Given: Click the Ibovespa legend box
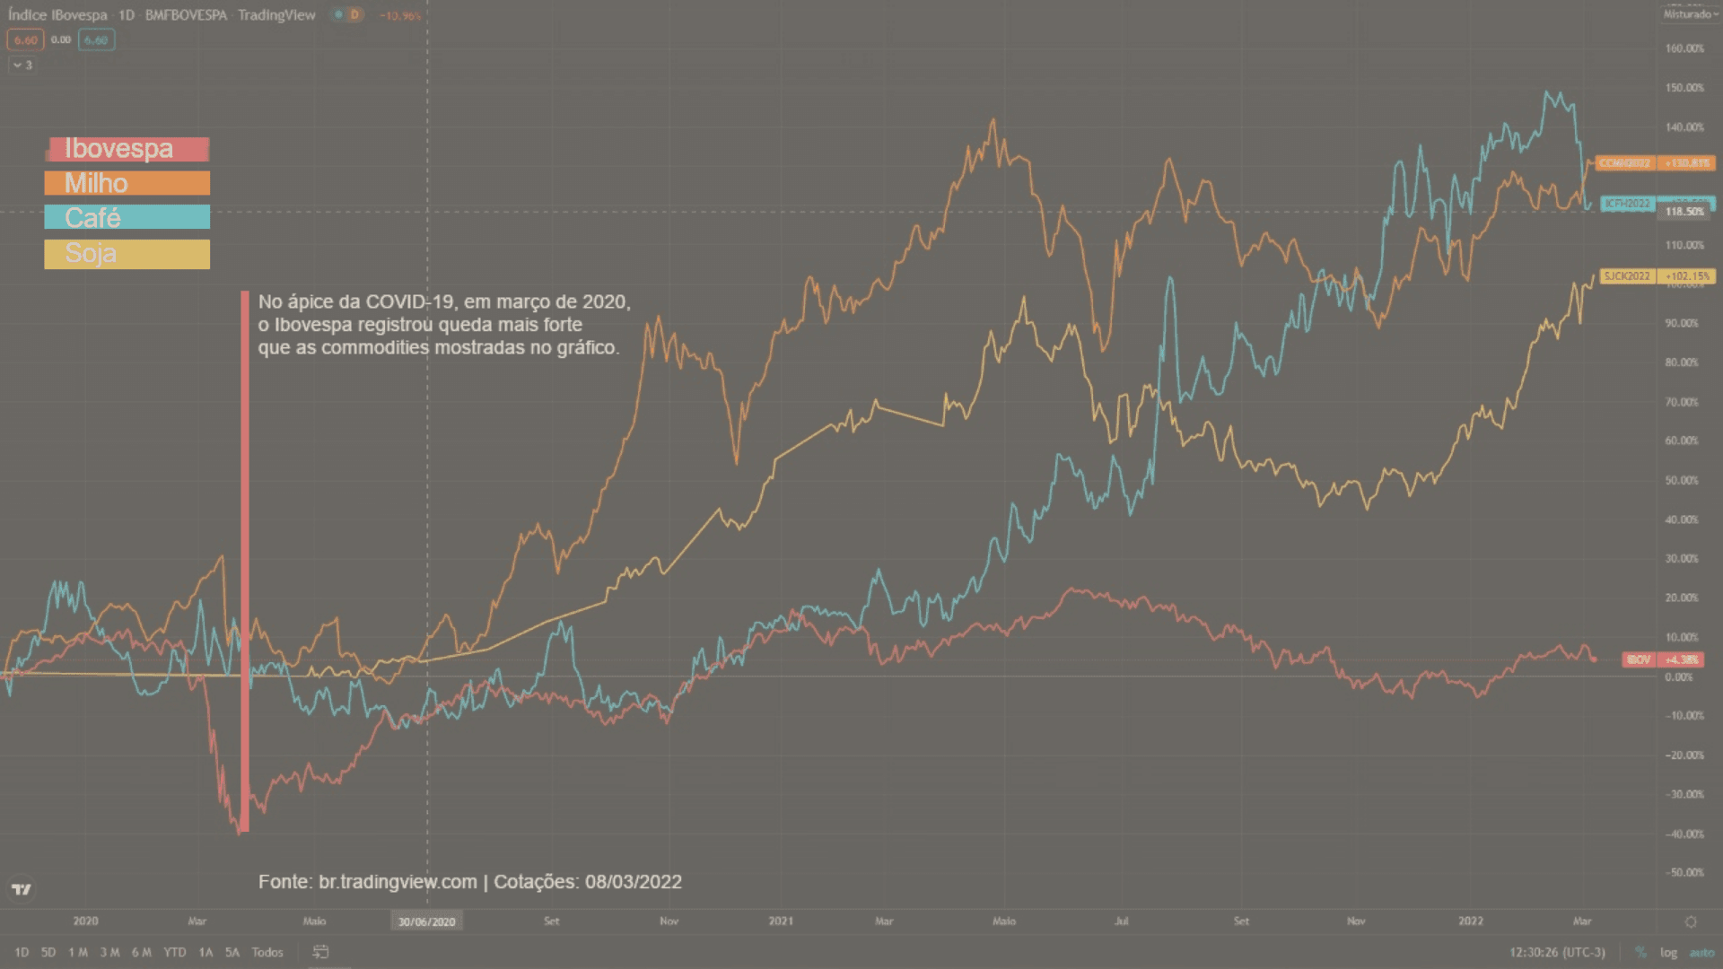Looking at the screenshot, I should [127, 149].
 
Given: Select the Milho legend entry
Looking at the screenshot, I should [127, 183].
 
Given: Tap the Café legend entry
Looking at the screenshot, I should [127, 217].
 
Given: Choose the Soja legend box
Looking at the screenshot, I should [127, 254].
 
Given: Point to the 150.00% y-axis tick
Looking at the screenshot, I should [1684, 88].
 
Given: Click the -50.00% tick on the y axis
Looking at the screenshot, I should [1684, 872].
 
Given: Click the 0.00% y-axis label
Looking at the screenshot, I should [1679, 677].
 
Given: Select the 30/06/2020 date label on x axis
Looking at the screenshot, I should [427, 921].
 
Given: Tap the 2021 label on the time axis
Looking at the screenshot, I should [781, 921].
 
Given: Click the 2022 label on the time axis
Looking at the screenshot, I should [1471, 921].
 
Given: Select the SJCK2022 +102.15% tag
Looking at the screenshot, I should [1657, 276].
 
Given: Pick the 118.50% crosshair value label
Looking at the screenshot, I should [1684, 212].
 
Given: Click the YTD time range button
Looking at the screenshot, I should [175, 952].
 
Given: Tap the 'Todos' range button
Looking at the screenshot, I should [267, 952].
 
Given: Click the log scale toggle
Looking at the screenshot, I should [1668, 952].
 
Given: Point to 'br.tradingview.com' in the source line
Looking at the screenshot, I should [398, 882].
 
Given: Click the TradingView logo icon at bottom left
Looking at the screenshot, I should [22, 889].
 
